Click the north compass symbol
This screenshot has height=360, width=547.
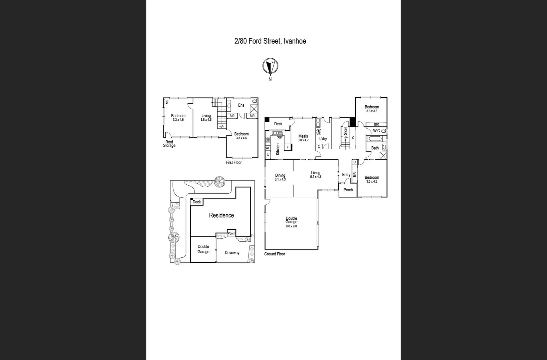click(270, 66)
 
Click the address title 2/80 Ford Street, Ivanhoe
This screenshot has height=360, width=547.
click(270, 41)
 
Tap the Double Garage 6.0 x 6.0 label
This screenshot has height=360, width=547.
click(291, 222)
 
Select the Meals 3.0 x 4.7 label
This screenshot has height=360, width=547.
click(303, 138)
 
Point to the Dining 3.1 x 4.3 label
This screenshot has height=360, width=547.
click(280, 177)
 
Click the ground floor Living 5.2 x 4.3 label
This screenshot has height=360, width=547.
click(316, 174)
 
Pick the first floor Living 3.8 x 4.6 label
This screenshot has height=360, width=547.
click(206, 117)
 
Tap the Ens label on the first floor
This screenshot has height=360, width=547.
click(241, 105)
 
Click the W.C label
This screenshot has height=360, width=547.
click(377, 131)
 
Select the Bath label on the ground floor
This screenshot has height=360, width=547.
click(375, 148)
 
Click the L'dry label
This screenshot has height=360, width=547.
click(323, 139)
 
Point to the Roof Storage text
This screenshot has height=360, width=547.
click(169, 144)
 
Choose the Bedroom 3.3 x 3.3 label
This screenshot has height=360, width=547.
click(372, 109)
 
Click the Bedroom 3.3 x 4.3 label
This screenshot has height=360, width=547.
click(372, 179)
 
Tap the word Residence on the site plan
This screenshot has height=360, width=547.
click(221, 215)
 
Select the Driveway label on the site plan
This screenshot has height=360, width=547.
click(232, 253)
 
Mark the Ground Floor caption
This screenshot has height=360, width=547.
click(275, 254)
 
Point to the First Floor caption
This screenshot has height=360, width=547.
click(233, 162)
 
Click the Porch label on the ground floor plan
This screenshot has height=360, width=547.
click(348, 190)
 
